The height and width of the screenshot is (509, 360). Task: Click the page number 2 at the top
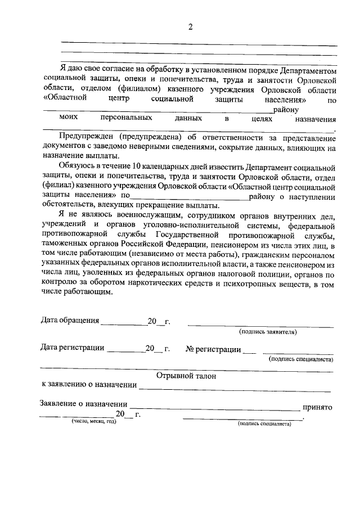190,28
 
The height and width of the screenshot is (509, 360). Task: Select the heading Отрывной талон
186,375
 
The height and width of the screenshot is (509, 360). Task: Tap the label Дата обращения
70,321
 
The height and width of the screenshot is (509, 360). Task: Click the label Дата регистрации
73,349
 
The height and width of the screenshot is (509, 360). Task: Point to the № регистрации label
213,349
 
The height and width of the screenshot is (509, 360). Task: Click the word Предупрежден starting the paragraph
87,137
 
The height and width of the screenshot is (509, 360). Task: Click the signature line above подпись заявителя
260,326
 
